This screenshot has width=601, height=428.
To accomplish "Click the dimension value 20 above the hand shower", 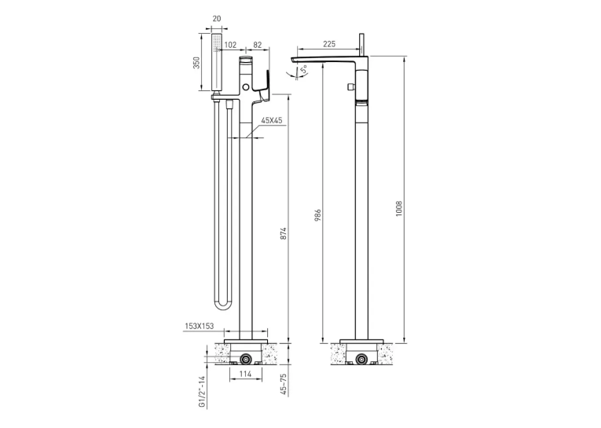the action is [x=217, y=18].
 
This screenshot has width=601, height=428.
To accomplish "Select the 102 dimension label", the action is [x=230, y=45].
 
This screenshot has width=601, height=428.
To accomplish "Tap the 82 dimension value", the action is [x=258, y=45].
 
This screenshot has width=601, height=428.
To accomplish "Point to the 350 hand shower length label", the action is [x=196, y=63].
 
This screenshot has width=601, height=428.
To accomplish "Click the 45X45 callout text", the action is [x=272, y=120].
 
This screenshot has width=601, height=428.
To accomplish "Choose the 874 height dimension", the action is [x=284, y=234].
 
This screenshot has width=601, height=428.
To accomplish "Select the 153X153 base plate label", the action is [x=200, y=326].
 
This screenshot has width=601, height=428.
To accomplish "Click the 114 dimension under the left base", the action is [x=245, y=374].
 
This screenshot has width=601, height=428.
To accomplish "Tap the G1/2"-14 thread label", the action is [x=203, y=392].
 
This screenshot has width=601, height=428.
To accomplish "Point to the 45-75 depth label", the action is [x=284, y=384].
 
